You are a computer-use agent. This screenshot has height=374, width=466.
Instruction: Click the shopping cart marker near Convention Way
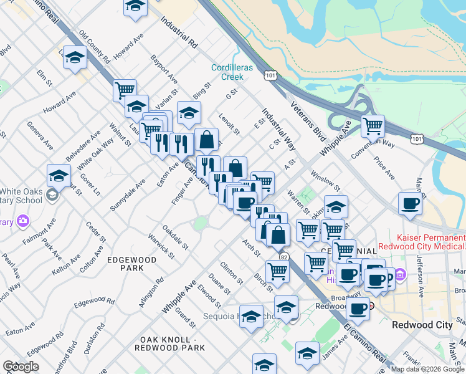[373, 126]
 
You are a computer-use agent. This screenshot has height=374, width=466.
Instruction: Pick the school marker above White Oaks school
[59, 176]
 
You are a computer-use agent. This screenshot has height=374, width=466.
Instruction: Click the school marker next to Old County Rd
[75, 58]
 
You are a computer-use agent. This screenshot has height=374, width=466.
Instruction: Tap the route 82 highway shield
[283, 256]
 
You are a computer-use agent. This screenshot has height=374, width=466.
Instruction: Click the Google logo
[21, 367]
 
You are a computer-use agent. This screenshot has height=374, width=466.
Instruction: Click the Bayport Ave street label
[163, 70]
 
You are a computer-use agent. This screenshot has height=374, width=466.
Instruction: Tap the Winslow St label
[325, 182]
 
